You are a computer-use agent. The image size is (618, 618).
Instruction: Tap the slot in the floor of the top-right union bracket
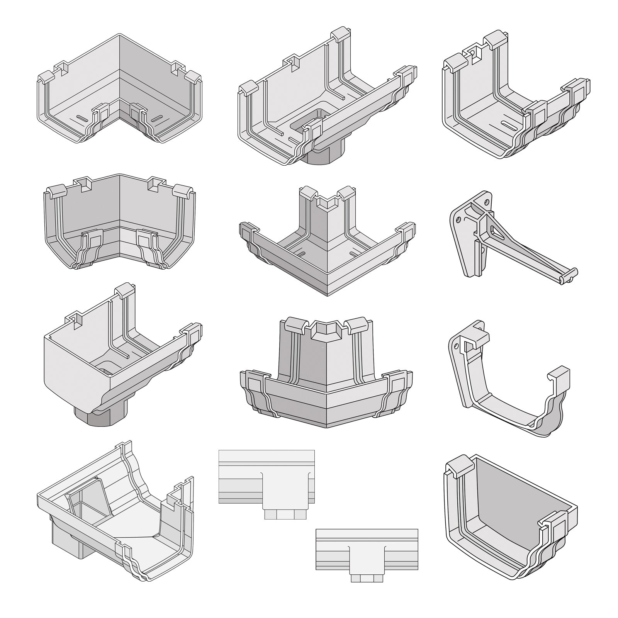click(x=509, y=124)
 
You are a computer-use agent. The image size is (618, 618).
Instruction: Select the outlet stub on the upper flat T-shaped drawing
click(x=284, y=514)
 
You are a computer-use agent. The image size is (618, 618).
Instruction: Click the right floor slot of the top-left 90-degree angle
click(x=158, y=117)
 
